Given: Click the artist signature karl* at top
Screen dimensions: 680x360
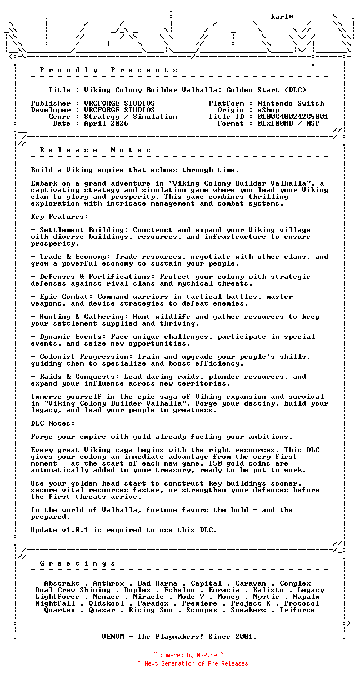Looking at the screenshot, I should tap(282, 17).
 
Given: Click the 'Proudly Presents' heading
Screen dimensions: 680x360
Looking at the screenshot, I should tap(109, 70).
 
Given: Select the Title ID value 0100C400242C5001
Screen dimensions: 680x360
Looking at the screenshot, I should tap(293, 117).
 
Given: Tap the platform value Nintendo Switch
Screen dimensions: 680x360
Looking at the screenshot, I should tap(291, 103).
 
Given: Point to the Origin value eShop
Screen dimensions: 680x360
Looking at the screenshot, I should tap(268, 110).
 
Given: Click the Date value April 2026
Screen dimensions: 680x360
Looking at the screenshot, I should tap(106, 123).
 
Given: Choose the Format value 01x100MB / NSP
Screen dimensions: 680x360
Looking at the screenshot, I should tap(288, 123).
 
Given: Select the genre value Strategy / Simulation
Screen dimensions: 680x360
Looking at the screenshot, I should tap(131, 117).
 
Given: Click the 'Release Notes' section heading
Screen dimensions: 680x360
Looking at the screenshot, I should tap(96, 150).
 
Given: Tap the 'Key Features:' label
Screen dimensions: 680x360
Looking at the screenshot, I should tap(59, 217).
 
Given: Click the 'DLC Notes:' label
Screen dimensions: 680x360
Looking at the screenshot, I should tap(53, 423).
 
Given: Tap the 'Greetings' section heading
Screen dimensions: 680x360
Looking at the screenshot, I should tap(78, 563).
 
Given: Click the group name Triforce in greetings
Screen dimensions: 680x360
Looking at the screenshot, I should tap(297, 610).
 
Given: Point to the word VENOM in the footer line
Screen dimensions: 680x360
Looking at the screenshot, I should tap(115, 637).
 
